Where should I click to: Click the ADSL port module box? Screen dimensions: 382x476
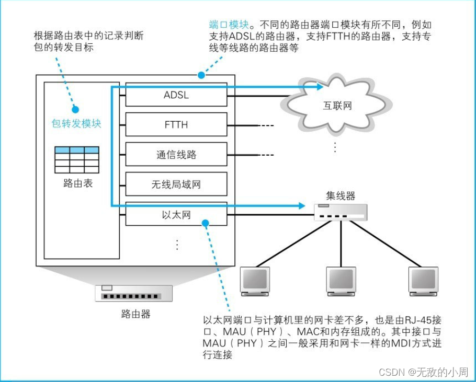point(176,95)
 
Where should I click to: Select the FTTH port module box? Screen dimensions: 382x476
point(176,125)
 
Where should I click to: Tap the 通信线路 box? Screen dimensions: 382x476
point(176,155)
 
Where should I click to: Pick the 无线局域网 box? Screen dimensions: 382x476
point(176,184)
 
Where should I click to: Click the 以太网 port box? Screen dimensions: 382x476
point(176,214)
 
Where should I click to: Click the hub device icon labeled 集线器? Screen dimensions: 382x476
point(340,211)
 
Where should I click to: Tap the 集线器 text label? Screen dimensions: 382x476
point(341,196)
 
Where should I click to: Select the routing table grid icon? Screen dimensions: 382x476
point(77,160)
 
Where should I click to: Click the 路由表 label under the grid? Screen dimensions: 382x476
point(77,183)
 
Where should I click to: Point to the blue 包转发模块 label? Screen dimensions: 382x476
point(76,123)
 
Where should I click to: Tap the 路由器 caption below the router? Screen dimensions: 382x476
point(135,314)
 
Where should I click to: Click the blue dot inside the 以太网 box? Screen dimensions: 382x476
point(206,223)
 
